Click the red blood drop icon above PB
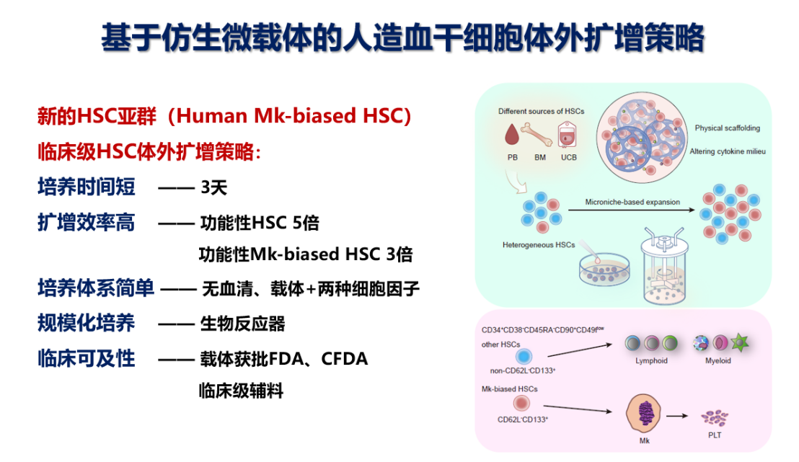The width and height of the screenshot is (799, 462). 511,134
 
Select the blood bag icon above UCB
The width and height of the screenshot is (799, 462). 567,135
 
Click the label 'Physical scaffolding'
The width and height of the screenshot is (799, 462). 727,128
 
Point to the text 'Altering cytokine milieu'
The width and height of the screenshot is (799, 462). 727,151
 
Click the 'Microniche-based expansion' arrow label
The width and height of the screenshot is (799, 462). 632,202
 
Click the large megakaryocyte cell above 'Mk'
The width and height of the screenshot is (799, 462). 643,413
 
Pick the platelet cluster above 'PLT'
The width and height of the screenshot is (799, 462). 715,418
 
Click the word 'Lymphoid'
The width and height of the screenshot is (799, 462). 651,360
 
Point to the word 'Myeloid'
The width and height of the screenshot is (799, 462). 718,360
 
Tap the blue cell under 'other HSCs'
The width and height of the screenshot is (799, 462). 524,356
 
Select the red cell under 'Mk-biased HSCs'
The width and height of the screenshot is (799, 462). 521,404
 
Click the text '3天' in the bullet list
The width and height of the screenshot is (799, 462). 214,187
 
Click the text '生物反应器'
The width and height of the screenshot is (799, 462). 242,324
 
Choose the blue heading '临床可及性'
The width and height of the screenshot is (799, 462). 87,359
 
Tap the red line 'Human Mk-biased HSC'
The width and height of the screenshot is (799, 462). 289,116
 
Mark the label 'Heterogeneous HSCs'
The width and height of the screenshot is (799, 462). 539,245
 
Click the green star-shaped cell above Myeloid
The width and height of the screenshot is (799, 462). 739,342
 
